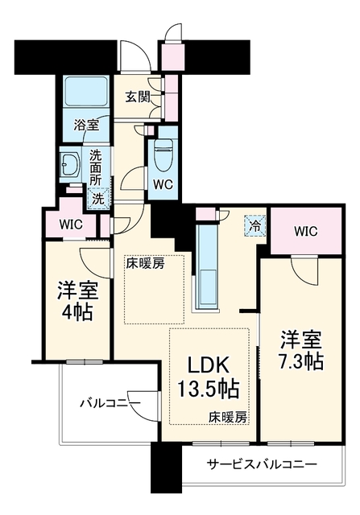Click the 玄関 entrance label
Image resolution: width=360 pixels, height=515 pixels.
click(138, 97)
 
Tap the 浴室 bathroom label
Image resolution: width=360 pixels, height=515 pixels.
click(86, 126)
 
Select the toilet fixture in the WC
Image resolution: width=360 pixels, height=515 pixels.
click(163, 154)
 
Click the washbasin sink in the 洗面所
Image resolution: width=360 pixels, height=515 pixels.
click(70, 163)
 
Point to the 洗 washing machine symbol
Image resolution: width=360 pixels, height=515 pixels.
click(98, 199)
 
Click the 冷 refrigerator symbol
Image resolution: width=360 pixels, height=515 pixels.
click(254, 225)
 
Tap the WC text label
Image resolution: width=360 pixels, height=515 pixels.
click(163, 185)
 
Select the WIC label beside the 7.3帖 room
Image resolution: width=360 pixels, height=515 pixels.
click(306, 232)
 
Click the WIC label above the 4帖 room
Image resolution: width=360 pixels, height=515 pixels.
click(71, 225)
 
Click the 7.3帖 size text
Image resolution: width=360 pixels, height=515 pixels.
click(301, 361)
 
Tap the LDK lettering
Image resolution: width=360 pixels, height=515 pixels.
click(208, 365)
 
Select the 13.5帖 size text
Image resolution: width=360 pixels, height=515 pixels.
click(209, 389)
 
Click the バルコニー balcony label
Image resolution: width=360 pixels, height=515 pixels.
click(111, 403)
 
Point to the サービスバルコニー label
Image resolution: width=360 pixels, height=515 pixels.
click(262, 464)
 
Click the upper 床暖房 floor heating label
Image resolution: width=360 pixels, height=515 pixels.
click(145, 263)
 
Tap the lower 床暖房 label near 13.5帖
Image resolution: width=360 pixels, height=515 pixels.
click(227, 418)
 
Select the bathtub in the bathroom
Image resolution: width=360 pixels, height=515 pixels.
click(86, 92)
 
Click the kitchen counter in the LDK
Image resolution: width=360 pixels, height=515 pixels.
click(207, 266)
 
